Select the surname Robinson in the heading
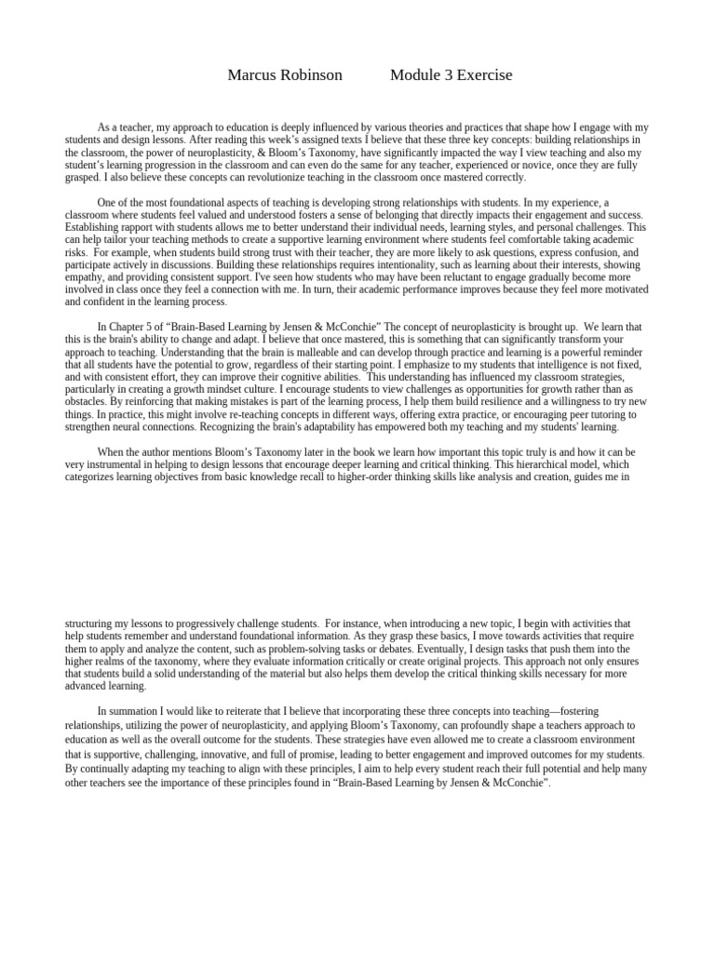311,75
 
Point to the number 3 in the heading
448,75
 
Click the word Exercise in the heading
484,75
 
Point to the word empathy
86,277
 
